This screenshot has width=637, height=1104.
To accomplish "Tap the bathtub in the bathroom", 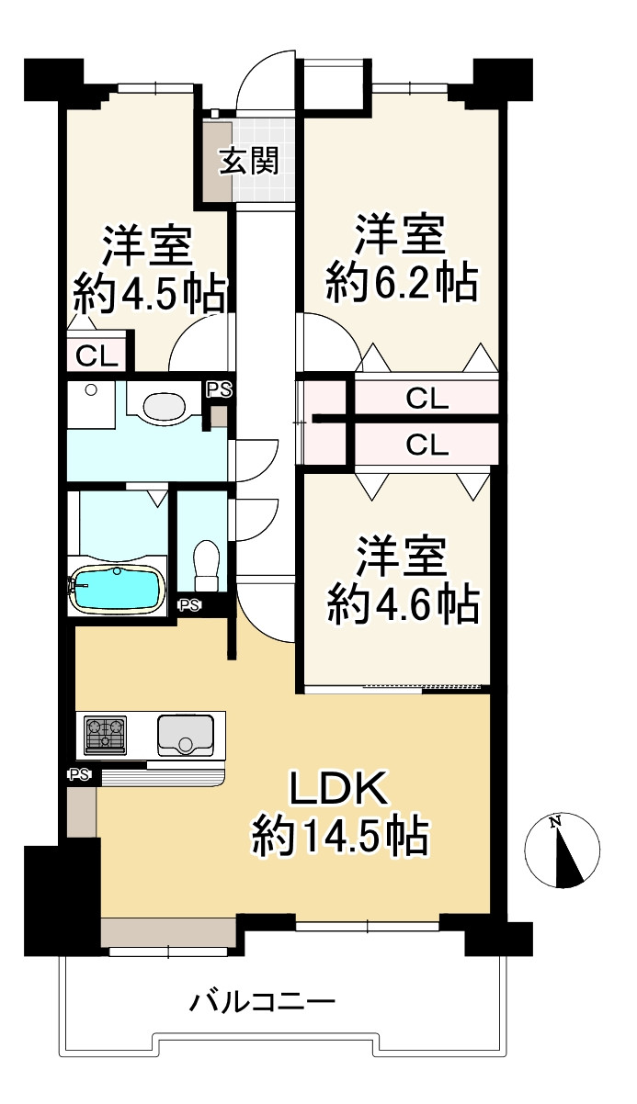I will [117, 588].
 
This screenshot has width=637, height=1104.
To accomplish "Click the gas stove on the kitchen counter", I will [106, 736].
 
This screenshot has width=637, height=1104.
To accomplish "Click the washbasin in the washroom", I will [164, 405].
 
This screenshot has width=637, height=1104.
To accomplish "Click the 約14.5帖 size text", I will [341, 837].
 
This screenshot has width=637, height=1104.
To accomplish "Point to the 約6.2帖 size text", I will [402, 284].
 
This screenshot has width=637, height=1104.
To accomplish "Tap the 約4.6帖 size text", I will [402, 605].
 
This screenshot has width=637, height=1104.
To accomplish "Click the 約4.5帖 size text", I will [149, 294].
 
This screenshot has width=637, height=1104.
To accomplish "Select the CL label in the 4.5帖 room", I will [97, 355].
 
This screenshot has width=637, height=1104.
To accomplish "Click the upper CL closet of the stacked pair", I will [427, 399].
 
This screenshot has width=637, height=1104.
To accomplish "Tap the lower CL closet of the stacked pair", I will [427, 445].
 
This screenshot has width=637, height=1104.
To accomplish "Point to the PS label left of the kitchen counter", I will [78, 774].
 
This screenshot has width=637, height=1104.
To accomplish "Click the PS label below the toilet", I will [189, 604].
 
